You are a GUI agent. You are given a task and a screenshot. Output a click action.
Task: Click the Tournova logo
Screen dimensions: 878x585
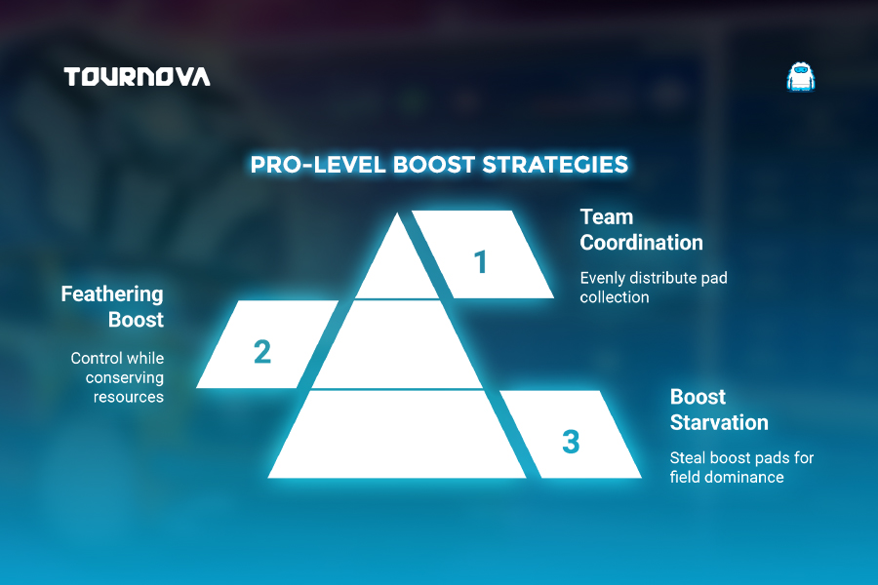[x=138, y=77]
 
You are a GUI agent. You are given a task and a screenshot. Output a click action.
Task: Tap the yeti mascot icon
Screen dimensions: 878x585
[x=801, y=77]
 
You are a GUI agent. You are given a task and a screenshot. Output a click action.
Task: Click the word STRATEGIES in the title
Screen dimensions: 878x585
[x=555, y=165]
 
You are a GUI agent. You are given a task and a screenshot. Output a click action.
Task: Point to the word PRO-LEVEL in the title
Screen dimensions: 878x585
[x=318, y=165]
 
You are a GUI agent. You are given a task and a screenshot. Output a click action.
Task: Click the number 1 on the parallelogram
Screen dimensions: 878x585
[x=480, y=262]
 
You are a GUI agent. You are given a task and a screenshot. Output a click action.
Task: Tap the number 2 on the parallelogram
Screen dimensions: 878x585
[x=262, y=352]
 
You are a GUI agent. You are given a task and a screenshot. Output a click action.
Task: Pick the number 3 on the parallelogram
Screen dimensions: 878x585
[x=571, y=441]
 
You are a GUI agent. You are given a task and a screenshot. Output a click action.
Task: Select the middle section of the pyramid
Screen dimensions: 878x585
[x=397, y=344]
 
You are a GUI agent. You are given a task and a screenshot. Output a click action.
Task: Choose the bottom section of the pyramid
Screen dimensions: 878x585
[x=397, y=435]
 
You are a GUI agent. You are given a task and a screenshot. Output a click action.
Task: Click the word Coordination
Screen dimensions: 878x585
[x=641, y=243]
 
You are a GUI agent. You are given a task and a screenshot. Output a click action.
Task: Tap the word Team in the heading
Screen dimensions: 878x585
[x=607, y=216]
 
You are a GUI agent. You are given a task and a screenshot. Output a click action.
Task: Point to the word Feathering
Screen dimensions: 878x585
[x=112, y=294]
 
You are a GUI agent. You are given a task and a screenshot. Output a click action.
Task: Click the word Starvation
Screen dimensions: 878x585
[x=719, y=422]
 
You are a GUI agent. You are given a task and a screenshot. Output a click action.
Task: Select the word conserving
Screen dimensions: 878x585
[x=124, y=378]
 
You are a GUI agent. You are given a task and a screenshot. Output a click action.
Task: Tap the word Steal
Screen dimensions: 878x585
[x=688, y=458]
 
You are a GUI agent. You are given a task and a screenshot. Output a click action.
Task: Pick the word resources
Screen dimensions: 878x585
[x=128, y=398]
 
